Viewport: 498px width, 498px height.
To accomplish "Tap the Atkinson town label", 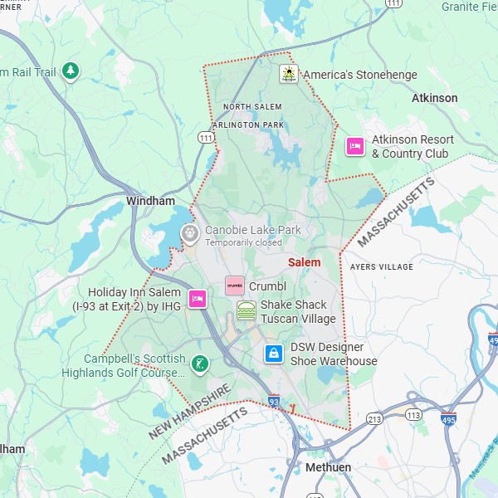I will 434,98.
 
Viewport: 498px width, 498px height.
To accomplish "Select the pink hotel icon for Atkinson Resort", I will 355,146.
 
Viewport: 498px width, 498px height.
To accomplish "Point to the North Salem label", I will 252,107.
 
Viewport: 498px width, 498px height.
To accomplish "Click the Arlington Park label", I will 247,124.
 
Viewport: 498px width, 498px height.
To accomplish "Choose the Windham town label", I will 150,201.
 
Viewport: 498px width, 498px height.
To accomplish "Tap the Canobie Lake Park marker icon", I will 189,235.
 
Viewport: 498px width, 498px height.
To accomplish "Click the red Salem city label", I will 304,262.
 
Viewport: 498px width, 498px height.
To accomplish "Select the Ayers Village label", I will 381,267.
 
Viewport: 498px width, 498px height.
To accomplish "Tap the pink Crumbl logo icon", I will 235,286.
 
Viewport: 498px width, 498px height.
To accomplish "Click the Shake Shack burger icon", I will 246,311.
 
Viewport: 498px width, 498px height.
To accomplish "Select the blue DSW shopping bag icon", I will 273,354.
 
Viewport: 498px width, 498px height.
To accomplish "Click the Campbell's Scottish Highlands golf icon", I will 199,364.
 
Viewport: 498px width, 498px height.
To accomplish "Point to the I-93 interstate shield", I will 274,402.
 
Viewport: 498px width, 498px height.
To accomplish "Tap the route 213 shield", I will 374,419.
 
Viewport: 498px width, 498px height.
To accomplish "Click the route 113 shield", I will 412,414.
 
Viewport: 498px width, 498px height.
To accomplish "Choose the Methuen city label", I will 328,467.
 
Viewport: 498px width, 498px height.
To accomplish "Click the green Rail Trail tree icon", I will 72,71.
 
